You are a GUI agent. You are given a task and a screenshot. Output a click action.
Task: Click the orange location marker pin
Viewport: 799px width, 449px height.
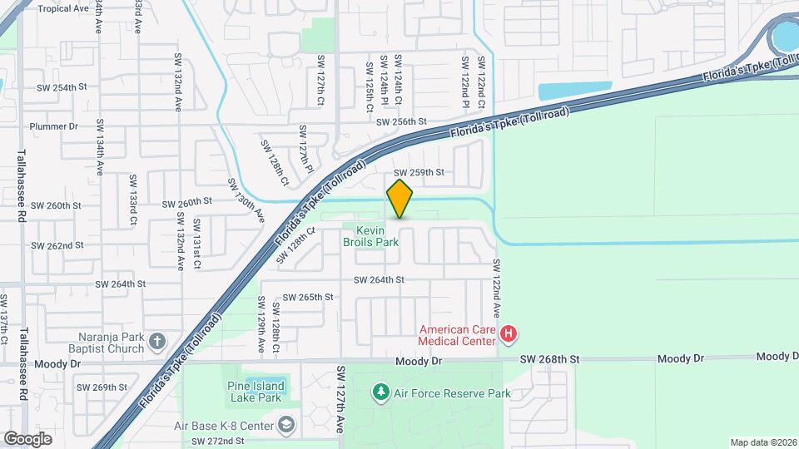(x=399, y=200)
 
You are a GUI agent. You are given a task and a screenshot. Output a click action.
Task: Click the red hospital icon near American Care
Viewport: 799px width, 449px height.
(x=509, y=336)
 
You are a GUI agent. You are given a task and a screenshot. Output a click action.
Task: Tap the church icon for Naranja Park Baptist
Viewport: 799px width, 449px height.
(x=157, y=342)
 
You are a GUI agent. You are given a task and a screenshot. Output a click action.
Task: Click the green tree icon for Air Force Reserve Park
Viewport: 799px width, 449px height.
(x=381, y=391)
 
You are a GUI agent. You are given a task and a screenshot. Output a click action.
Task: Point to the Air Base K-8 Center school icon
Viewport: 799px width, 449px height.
(x=286, y=426)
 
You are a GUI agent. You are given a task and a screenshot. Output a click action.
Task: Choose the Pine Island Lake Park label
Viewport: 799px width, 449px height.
(x=256, y=392)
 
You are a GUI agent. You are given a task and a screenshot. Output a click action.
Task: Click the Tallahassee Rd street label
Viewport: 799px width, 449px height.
(x=22, y=185)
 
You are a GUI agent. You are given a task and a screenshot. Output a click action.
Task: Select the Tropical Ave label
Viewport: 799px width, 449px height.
(x=63, y=8)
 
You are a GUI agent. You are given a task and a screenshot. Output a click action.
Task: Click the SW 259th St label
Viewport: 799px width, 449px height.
(x=419, y=172)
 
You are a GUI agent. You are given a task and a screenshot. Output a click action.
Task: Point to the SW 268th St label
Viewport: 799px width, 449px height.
(x=548, y=358)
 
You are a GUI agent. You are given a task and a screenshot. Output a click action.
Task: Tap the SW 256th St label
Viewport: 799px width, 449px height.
(x=401, y=121)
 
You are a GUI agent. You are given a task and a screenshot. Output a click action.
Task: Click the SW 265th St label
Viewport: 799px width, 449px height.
(x=308, y=297)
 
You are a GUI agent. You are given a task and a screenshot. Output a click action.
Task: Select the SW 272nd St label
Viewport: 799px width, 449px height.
(x=217, y=441)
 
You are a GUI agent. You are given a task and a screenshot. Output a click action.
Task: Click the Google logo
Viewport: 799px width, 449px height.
(x=27, y=438)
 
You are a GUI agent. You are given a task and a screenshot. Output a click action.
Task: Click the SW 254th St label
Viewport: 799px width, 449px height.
(x=62, y=87)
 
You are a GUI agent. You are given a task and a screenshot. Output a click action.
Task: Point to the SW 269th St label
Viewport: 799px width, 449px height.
(x=102, y=387)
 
